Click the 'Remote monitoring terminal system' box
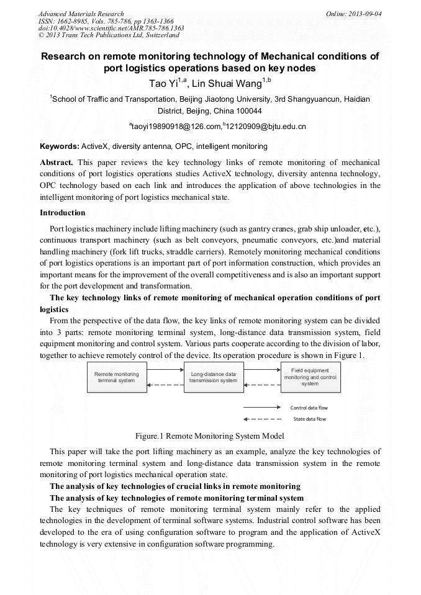pyautogui.click(x=117, y=377)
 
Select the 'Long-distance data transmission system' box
pyautogui.click(x=213, y=377)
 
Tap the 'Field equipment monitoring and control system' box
pyautogui.click(x=310, y=377)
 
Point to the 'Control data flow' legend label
pyautogui.click(x=309, y=408)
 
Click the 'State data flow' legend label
pyautogui.click(x=309, y=419)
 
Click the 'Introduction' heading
pyautogui.click(x=63, y=212)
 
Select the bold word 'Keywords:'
pyautogui.click(x=60, y=146)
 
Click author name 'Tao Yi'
pyautogui.click(x=163, y=83)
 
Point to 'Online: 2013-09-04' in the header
pyautogui.click(x=354, y=14)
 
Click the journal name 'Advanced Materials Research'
pyautogui.click(x=81, y=14)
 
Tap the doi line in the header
pyautogui.click(x=111, y=28)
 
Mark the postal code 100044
pyautogui.click(x=248, y=111)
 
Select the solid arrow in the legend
pyautogui.click(x=263, y=408)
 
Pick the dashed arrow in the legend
pyautogui.click(x=263, y=419)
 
